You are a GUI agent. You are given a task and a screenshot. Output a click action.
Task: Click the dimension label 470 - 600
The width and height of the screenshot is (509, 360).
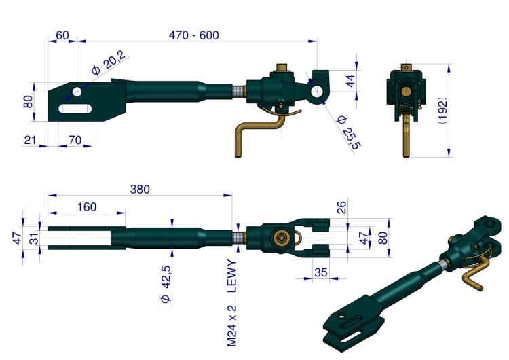tap(194, 35)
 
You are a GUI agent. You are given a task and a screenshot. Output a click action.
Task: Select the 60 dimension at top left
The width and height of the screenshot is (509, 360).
tap(62, 35)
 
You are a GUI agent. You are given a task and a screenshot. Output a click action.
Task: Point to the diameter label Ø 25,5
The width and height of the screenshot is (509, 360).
tap(349, 132)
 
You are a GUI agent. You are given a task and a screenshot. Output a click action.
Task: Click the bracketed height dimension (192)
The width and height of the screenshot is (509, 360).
tap(442, 111)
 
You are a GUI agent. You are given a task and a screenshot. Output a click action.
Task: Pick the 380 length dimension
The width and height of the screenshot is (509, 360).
tap(140, 189)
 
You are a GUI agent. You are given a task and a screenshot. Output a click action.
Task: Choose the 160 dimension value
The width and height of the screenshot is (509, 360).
tap(87, 207)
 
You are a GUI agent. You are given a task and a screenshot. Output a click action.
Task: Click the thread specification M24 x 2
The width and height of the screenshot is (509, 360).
tap(232, 326)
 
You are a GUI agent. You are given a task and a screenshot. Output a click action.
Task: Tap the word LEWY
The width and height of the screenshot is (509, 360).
tap(232, 276)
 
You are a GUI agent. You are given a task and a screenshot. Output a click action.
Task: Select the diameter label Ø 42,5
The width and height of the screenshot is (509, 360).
tap(166, 284)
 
